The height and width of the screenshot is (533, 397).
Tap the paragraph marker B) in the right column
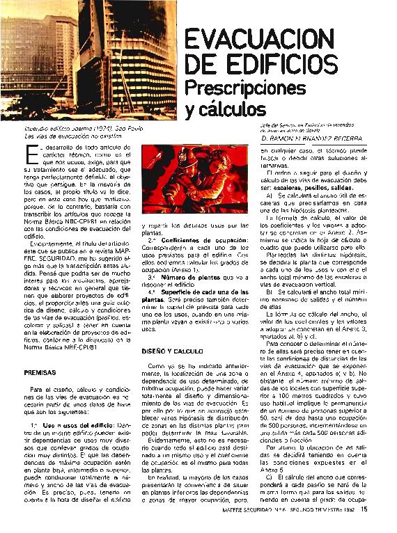(x=270, y=292)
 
